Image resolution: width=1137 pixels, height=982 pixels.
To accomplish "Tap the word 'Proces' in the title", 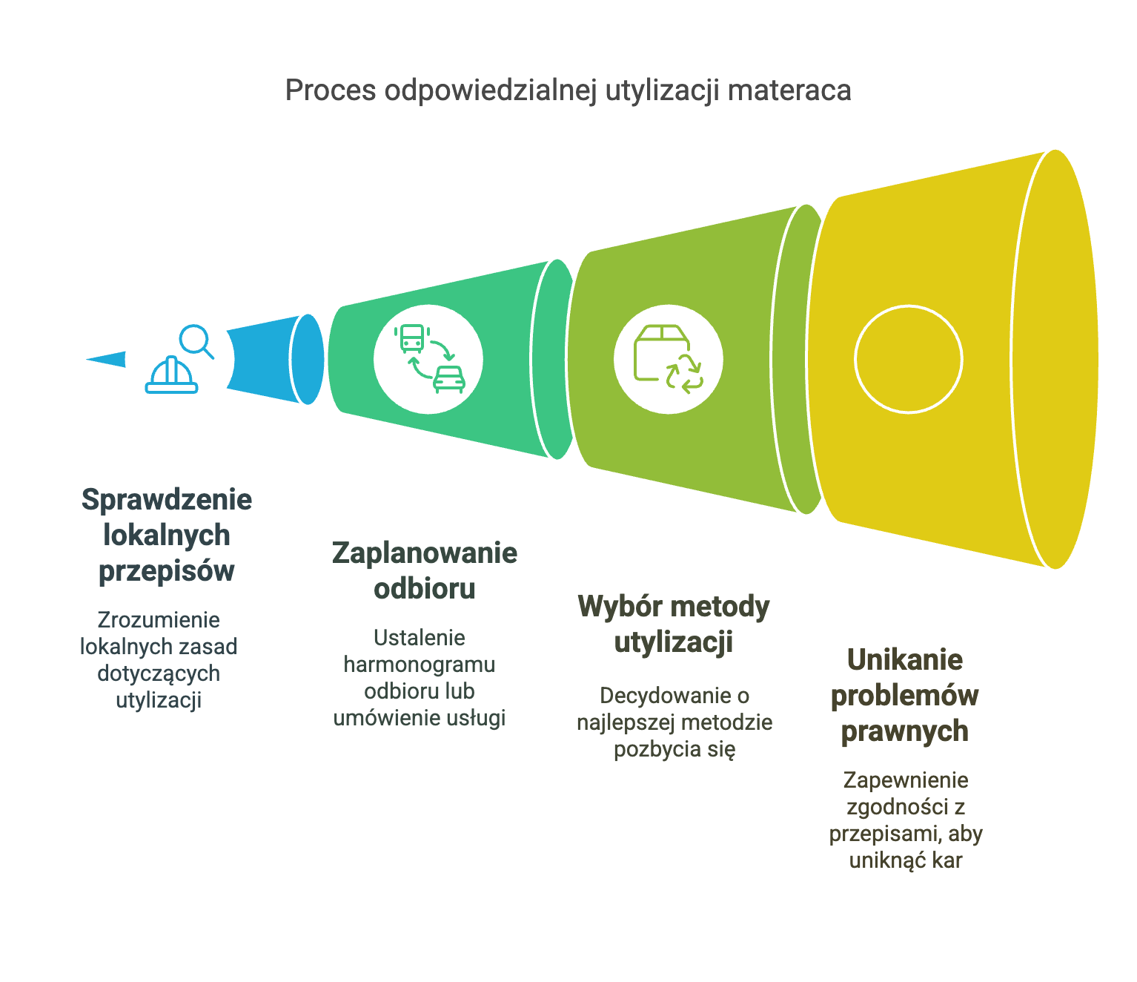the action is (331, 90).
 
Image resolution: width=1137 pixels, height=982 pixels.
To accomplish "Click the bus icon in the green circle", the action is (412, 338).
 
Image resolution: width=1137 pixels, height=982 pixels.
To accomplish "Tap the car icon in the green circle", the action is (449, 379).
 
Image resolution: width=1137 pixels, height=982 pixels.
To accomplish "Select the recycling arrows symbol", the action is (684, 375).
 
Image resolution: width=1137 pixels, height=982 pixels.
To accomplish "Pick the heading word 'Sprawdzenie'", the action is (167, 500).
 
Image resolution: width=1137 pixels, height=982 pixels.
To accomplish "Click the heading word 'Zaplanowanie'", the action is (425, 553).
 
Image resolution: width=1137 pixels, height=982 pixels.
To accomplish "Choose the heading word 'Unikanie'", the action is (905, 659).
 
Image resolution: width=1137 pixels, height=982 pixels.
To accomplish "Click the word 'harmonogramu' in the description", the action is (420, 665).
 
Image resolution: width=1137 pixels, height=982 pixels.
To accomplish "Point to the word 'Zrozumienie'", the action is (159, 620).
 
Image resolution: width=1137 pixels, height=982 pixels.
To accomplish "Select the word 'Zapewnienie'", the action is (906, 780).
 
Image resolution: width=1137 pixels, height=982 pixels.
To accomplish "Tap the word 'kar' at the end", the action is (947, 860).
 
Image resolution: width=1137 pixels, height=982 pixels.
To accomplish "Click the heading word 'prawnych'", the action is (905, 731).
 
